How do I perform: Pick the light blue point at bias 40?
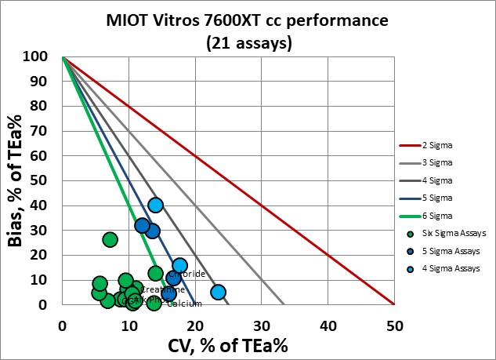pos(155,205)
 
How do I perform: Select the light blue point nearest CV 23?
pos(218,292)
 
